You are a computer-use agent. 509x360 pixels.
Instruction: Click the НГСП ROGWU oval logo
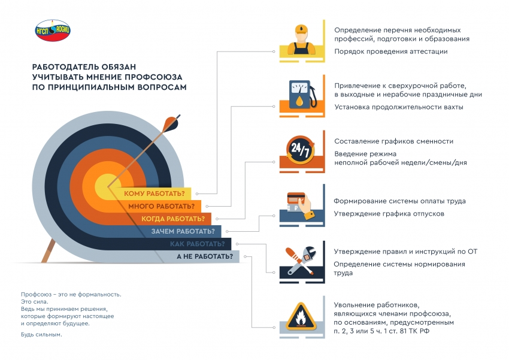point(53,30)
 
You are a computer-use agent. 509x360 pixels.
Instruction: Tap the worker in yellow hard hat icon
point(301,40)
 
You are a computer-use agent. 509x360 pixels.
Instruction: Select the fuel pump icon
point(302,94)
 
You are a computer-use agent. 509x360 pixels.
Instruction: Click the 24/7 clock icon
point(301,150)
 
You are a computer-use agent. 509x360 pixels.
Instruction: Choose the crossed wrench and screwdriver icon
point(301,261)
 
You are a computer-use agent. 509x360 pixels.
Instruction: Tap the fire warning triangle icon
point(301,316)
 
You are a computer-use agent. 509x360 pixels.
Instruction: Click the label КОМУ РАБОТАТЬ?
point(154,194)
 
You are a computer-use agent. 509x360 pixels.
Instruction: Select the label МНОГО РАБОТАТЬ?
point(161,207)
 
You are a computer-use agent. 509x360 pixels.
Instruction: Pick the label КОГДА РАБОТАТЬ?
point(173,219)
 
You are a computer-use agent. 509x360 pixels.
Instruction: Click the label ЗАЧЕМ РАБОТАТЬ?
point(183,231)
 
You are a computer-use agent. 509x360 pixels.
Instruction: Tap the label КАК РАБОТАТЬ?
point(198,244)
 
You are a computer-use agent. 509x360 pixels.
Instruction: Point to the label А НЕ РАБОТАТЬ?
point(205,256)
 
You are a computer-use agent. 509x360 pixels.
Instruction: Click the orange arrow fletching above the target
point(171,123)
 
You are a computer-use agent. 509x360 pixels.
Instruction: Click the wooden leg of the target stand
point(49,250)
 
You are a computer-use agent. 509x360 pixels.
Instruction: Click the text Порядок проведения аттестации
point(391,52)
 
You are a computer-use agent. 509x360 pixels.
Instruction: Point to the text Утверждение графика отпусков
point(389,214)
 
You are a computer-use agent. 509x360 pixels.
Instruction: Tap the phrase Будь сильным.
point(41,334)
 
